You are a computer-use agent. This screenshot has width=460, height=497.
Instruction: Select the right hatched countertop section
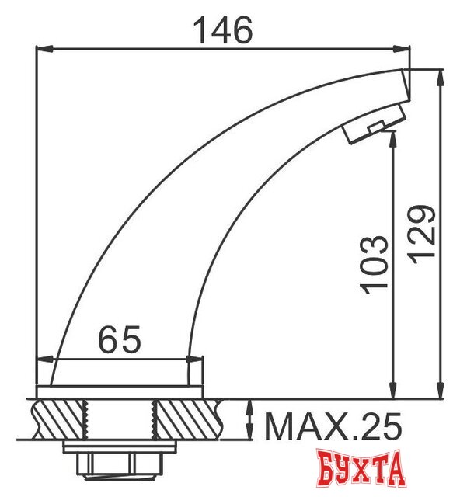(187, 419)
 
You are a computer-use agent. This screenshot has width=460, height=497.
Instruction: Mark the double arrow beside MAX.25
(250, 419)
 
